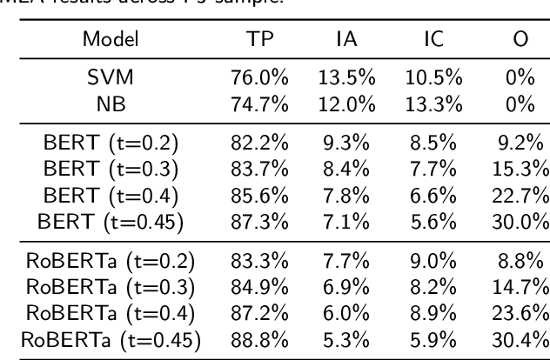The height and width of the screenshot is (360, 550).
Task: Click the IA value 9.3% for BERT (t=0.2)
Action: coord(352,138)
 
